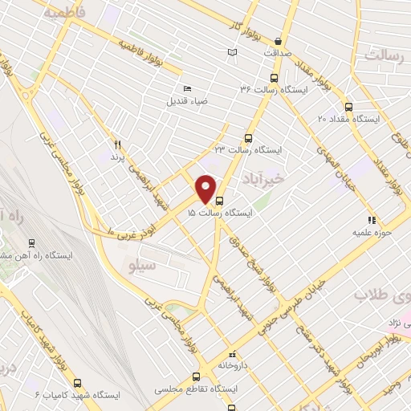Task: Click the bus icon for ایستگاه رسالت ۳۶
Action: click(275, 79)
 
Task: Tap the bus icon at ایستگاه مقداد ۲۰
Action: click(348, 106)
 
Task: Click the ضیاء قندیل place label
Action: click(186, 101)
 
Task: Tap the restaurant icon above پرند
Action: click(117, 144)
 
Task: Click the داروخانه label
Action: click(232, 364)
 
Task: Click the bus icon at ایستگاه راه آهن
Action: click(32, 242)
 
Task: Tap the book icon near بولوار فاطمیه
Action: click(233, 52)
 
